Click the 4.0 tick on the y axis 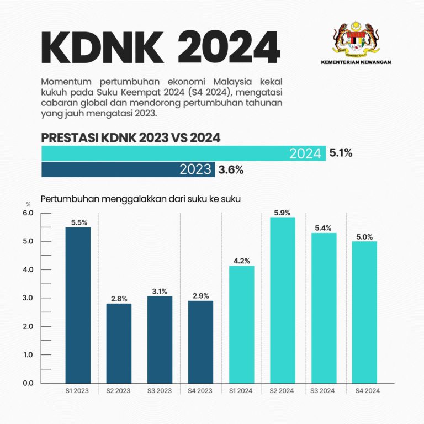click(28, 270)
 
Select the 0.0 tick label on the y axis click(28, 383)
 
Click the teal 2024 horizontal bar click(183, 153)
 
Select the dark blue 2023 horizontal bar click(128, 169)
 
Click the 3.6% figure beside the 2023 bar click(231, 170)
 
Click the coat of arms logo click(356, 41)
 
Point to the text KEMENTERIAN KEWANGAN click(356, 62)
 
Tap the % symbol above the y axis click(28, 205)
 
